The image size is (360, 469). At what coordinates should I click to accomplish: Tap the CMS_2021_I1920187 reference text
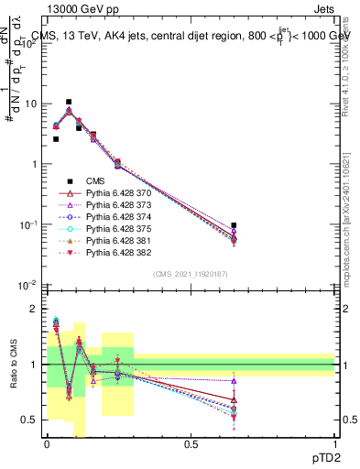[x=190, y=275]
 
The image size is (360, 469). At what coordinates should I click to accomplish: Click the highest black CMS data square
[x=69, y=103]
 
